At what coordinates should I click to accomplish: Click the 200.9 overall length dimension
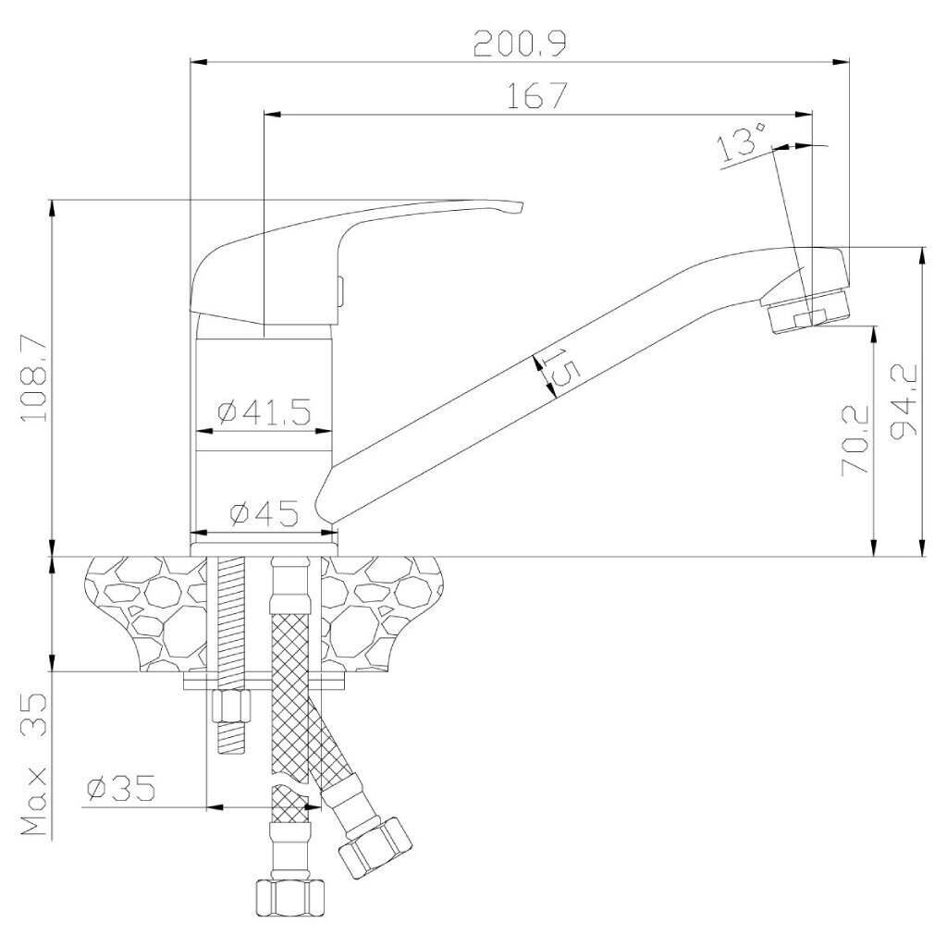pos(520,43)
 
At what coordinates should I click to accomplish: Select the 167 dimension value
pos(537,95)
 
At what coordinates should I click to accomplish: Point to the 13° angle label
pos(743,141)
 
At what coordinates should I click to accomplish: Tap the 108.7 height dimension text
pos(34,377)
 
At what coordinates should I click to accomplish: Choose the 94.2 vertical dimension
pos(904,400)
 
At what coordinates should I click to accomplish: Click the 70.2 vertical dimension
pos(855,439)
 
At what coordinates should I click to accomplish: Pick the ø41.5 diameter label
pos(264,412)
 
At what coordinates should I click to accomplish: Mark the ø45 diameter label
pos(264,514)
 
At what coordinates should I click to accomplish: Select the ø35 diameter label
pos(121,788)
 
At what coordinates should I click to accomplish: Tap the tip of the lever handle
pos(521,205)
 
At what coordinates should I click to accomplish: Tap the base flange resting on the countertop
pos(264,548)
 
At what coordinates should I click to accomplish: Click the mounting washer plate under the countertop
pos(264,681)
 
